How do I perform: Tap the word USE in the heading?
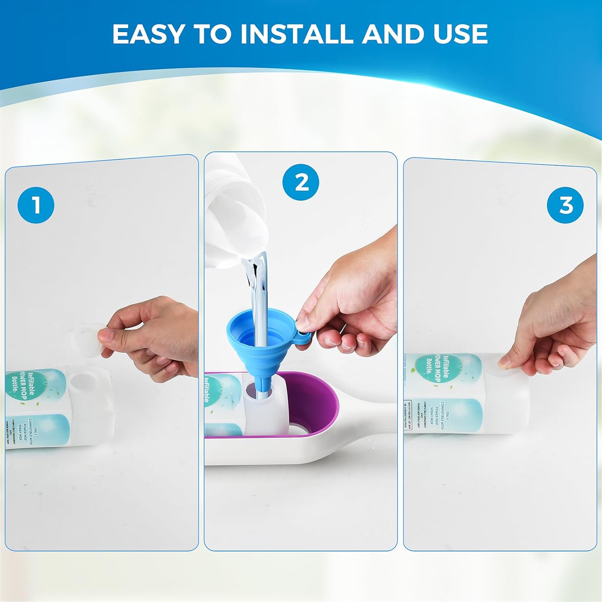click(x=460, y=34)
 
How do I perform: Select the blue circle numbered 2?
click(x=301, y=183)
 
